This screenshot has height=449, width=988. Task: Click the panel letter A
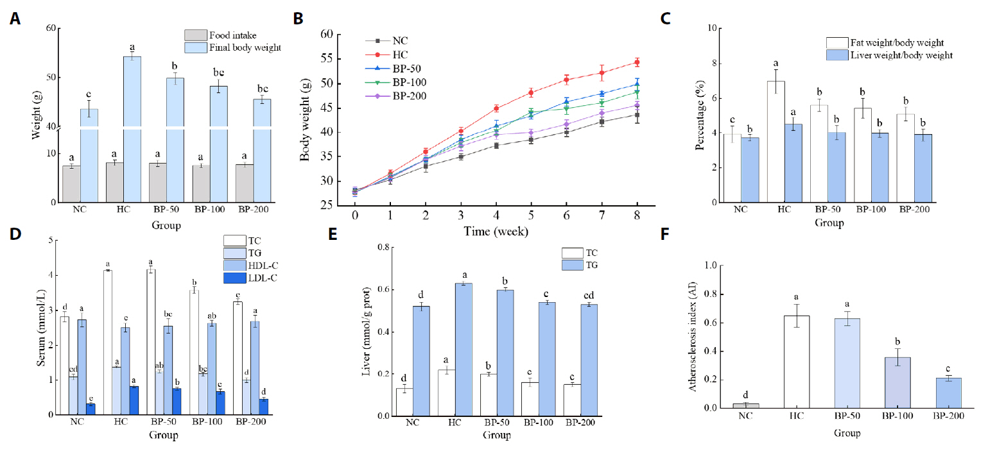pos(15,20)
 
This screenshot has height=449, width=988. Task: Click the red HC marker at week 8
pos(637,62)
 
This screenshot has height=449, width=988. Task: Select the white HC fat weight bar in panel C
pos(776,141)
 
